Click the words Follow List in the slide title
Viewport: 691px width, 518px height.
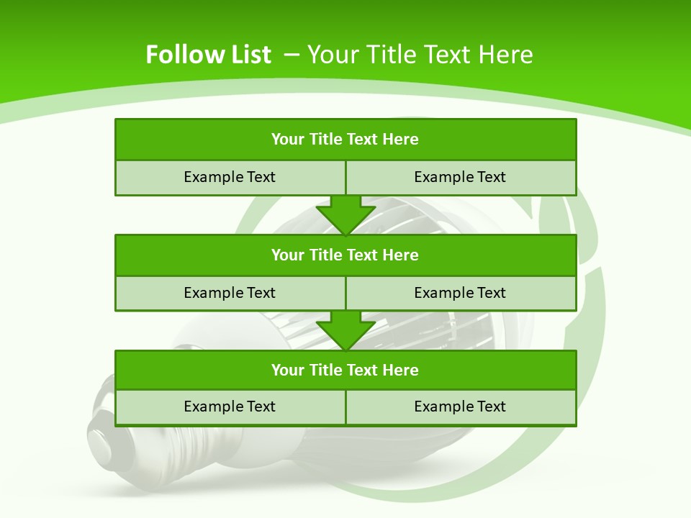pyautogui.click(x=208, y=55)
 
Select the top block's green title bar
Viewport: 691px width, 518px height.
pyautogui.click(x=345, y=140)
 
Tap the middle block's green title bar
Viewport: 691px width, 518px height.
pyautogui.click(x=345, y=255)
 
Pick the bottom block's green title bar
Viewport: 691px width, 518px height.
pyautogui.click(x=345, y=370)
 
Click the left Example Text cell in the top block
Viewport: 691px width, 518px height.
pyautogui.click(x=230, y=177)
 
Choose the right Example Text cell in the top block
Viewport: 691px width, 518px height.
pyautogui.click(x=460, y=177)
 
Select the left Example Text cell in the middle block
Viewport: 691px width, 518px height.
pyautogui.click(x=230, y=293)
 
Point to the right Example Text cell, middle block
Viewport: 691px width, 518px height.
pyautogui.click(x=460, y=293)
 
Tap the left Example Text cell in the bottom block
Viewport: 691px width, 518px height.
pyautogui.click(x=230, y=406)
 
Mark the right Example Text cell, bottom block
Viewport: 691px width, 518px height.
pyautogui.click(x=460, y=406)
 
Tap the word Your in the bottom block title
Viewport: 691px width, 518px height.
pyautogui.click(x=288, y=370)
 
